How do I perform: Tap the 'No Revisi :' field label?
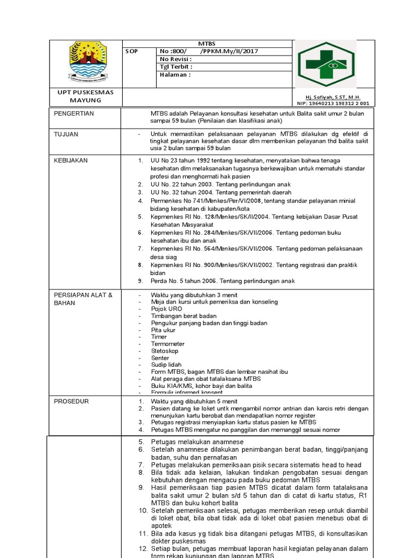[x=175, y=59]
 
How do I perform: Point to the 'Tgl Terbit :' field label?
[x=176, y=67]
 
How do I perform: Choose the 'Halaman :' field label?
[x=175, y=75]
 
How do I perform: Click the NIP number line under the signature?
[x=333, y=103]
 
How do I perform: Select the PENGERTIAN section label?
[x=74, y=113]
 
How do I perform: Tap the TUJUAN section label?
[x=66, y=134]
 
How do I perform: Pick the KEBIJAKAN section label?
[x=70, y=160]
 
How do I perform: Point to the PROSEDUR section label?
[x=71, y=401]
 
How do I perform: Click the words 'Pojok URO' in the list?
[x=167, y=309]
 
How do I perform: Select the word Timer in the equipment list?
[x=159, y=337]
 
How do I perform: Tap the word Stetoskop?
[x=165, y=351]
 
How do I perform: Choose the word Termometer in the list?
[x=168, y=344]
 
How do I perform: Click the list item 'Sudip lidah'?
[x=166, y=365]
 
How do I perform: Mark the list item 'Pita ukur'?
[x=163, y=330]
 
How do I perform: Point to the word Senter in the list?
[x=160, y=358]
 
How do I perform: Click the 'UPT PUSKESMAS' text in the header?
[x=86, y=93]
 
